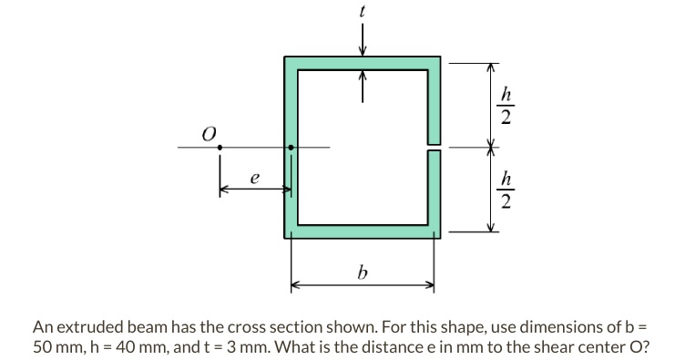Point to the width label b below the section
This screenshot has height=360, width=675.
(x=363, y=271)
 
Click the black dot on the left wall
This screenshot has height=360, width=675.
(x=291, y=147)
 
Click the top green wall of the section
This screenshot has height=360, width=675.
(x=363, y=62)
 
